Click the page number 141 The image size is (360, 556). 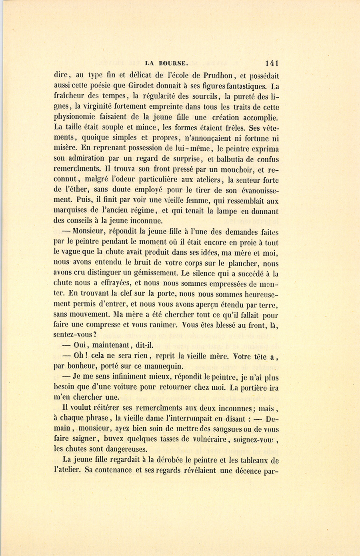click(x=271, y=63)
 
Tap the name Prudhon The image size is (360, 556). click(x=220, y=76)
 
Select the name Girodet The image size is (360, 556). click(x=162, y=86)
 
